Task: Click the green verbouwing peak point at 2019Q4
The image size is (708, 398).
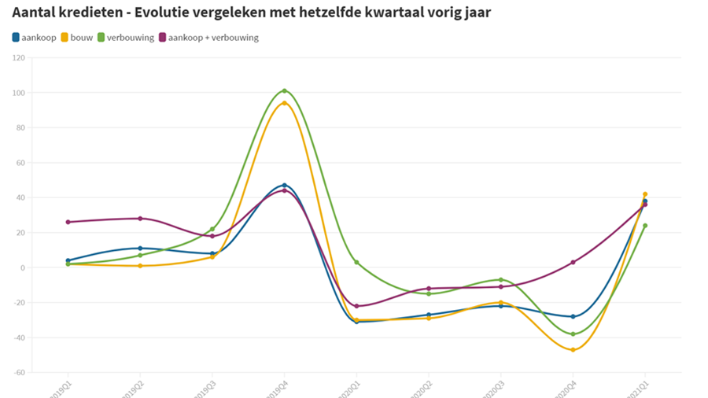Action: click(x=284, y=90)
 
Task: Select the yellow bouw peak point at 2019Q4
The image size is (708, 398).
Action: click(x=284, y=103)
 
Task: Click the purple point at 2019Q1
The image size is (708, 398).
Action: click(x=68, y=222)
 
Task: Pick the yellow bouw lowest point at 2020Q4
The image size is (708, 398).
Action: click(x=573, y=350)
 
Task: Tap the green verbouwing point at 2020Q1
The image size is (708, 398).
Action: click(x=356, y=263)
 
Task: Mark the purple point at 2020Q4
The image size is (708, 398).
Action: click(x=573, y=263)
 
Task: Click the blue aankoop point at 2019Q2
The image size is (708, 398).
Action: click(x=140, y=249)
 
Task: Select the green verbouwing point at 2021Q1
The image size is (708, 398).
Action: click(x=645, y=226)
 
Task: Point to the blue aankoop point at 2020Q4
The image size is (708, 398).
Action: click(x=573, y=317)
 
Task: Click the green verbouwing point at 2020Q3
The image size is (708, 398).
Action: click(x=500, y=280)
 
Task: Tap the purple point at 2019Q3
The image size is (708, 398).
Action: click(x=212, y=236)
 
